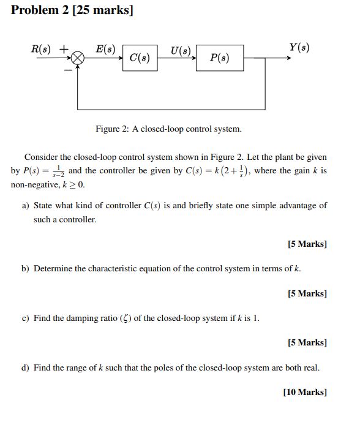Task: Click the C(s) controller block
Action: click(140, 58)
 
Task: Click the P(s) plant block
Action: click(219, 58)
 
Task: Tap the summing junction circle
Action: click(78, 58)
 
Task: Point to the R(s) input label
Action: click(43, 48)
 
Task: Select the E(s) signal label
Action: click(106, 47)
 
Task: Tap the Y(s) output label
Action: click(298, 47)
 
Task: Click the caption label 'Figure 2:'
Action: click(111, 129)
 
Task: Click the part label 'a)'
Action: click(26, 206)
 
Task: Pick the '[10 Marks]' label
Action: click(305, 392)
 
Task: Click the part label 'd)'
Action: click(26, 368)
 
